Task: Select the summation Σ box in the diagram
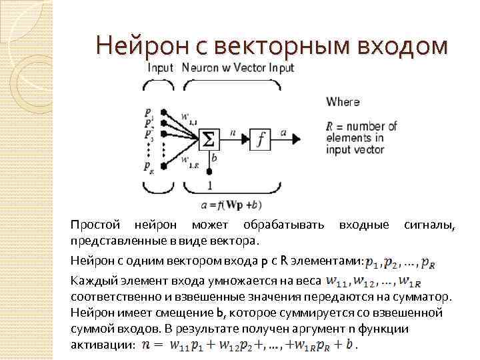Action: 208,139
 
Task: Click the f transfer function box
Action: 260,139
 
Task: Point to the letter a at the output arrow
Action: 284,133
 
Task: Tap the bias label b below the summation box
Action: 213,158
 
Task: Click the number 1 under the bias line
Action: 209,185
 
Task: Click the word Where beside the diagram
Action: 343,102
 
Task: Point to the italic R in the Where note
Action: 330,126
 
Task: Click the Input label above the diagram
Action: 160,68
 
